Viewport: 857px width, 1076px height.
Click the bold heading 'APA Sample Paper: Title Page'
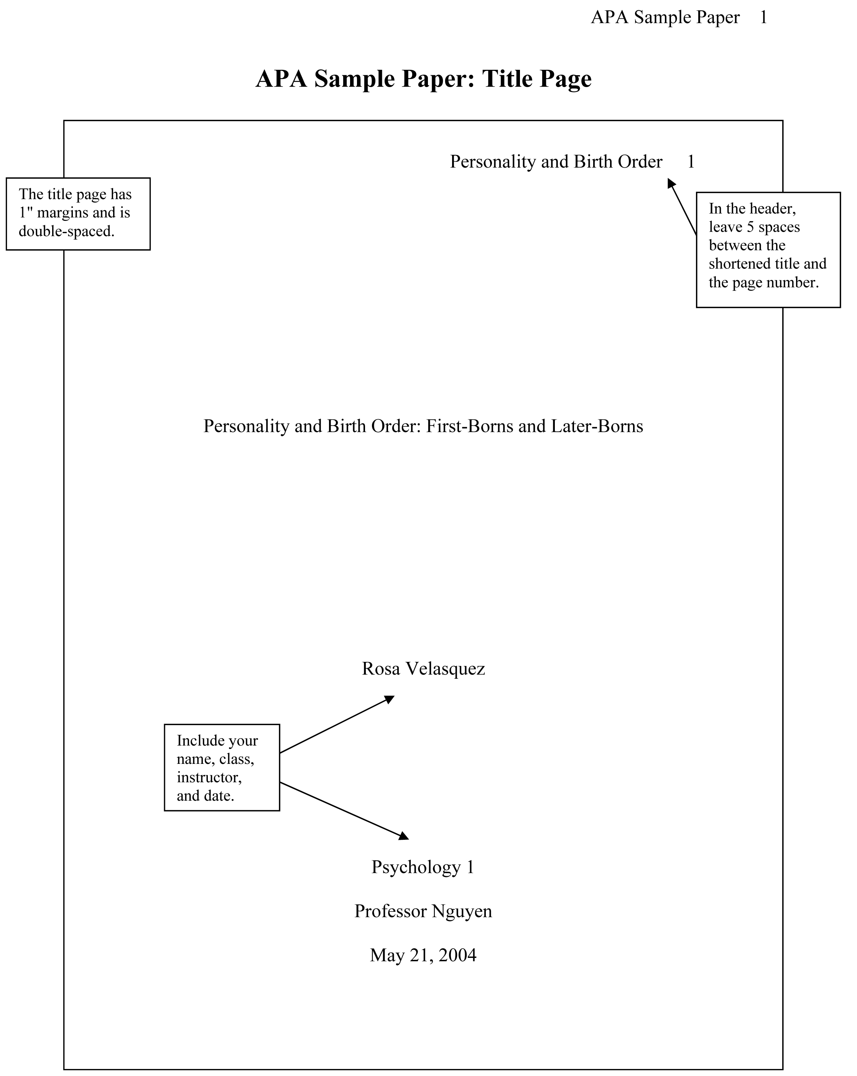[423, 79]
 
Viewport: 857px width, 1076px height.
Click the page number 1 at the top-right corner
[763, 18]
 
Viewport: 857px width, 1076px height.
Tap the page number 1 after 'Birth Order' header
[691, 162]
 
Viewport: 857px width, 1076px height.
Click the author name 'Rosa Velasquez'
[423, 669]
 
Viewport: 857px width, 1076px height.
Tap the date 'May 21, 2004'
[423, 955]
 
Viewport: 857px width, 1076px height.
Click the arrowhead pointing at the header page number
[671, 184]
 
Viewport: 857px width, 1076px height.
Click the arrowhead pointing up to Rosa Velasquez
[389, 699]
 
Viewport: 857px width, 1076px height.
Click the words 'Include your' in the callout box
[217, 740]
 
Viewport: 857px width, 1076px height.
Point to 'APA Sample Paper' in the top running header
[665, 18]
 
